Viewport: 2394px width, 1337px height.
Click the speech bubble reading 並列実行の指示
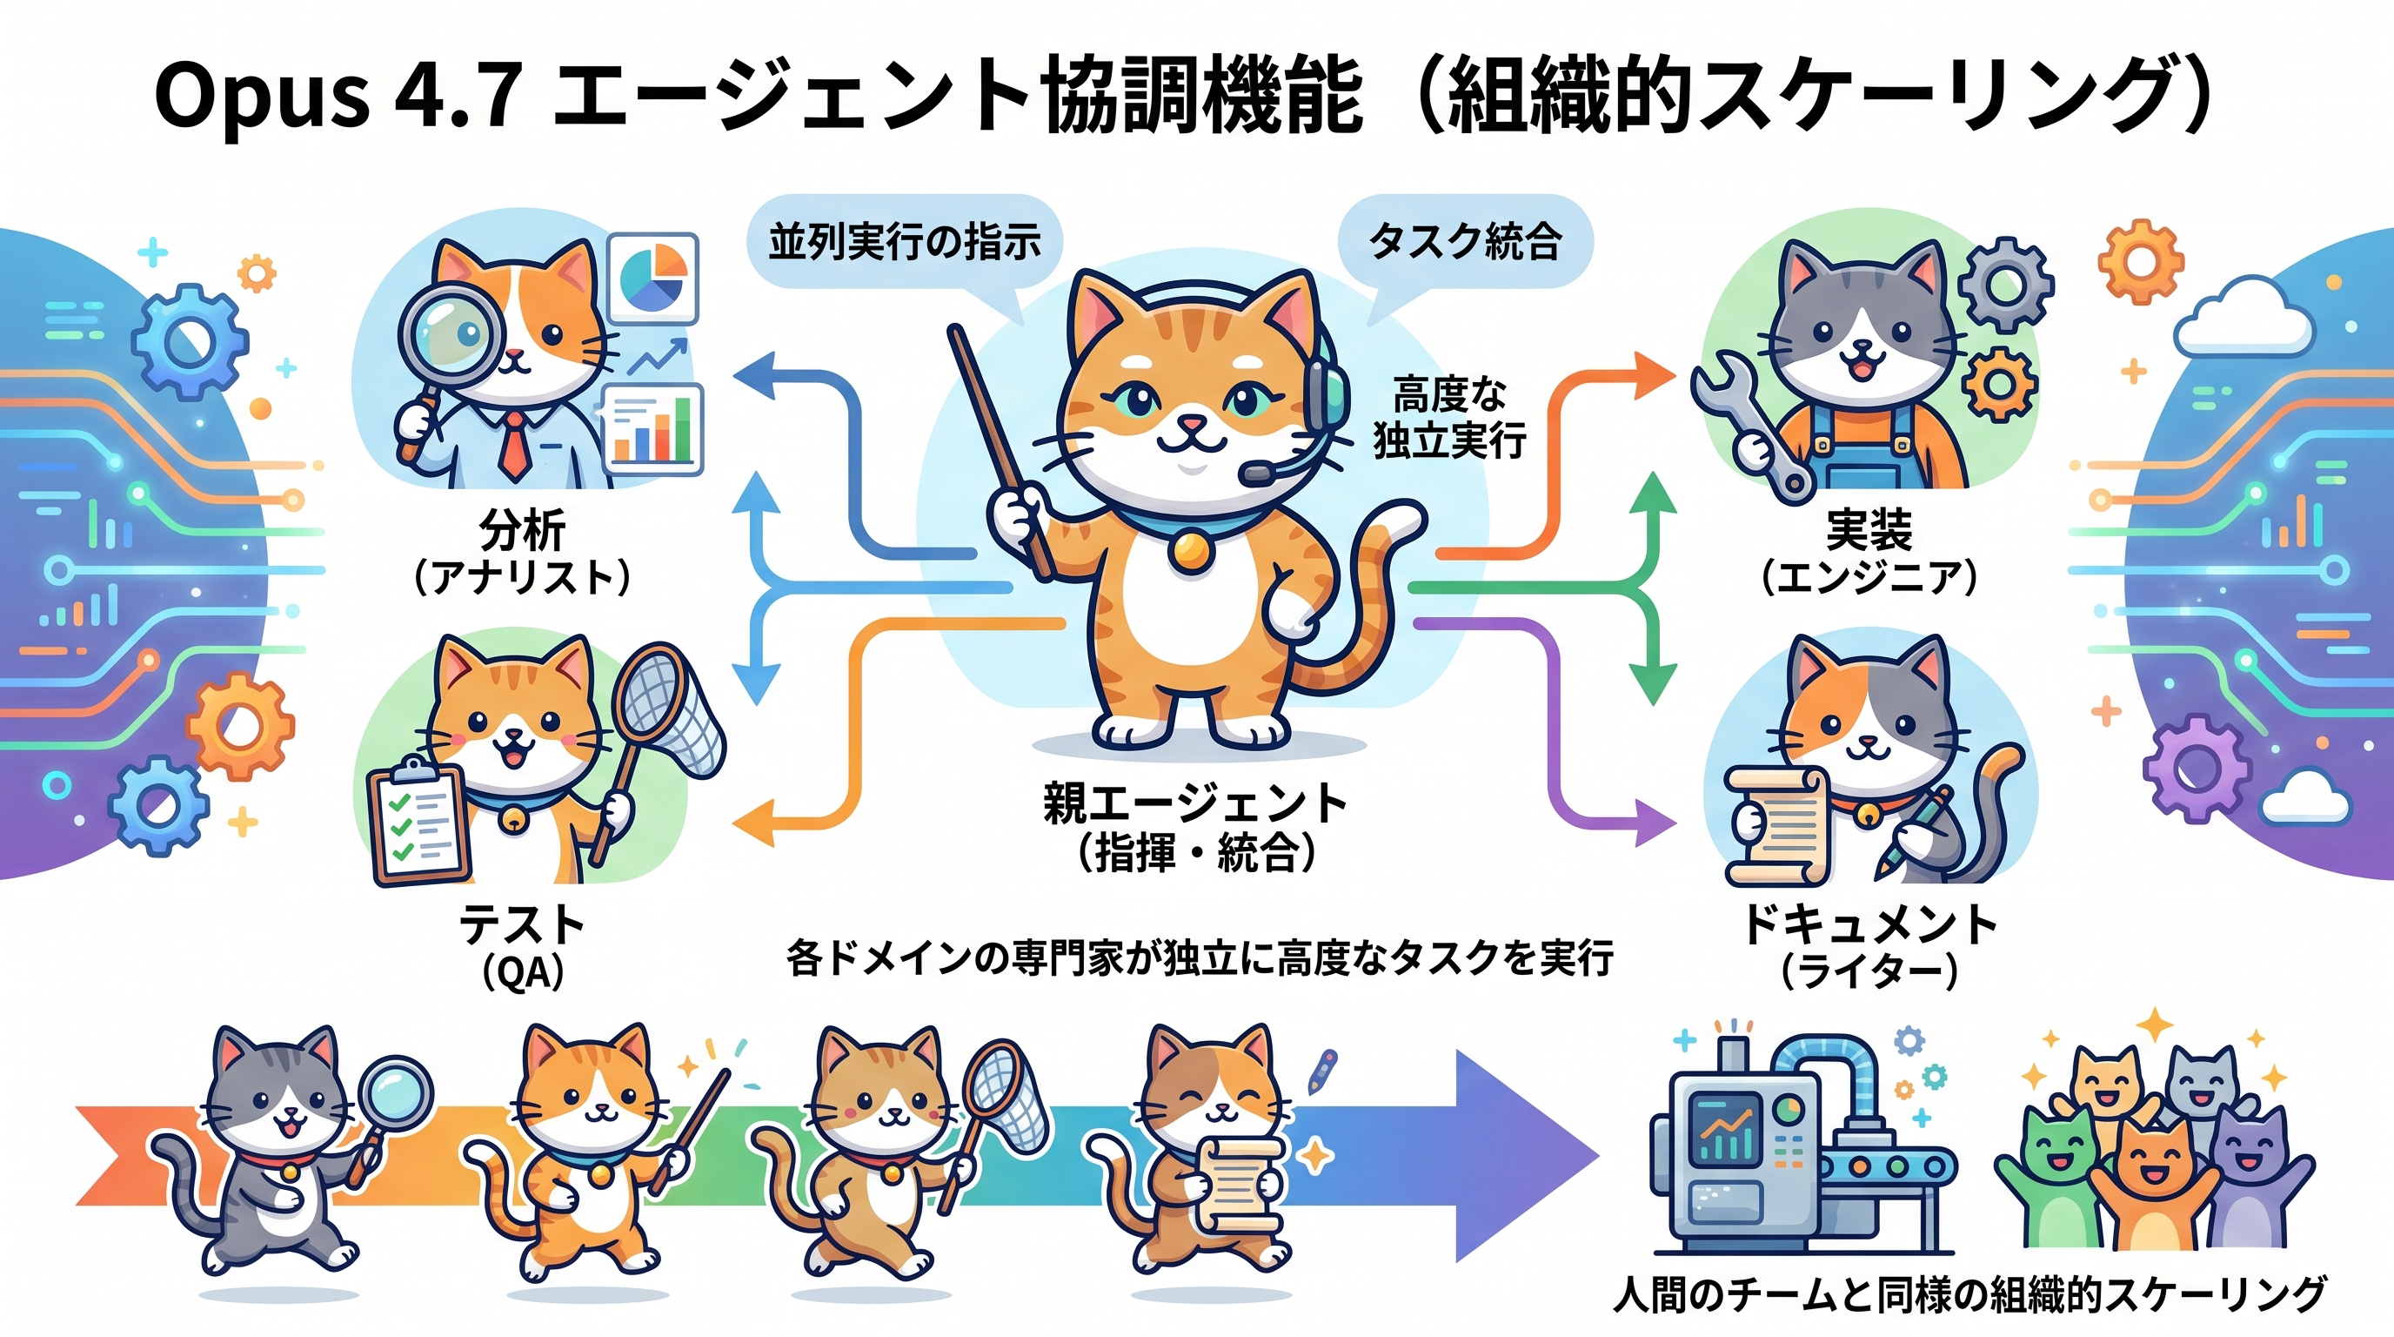click(x=903, y=242)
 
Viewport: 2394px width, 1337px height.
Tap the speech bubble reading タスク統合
click(x=1465, y=242)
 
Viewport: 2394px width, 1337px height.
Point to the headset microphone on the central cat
click(x=1256, y=474)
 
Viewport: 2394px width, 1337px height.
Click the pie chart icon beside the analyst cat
click(x=652, y=277)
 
